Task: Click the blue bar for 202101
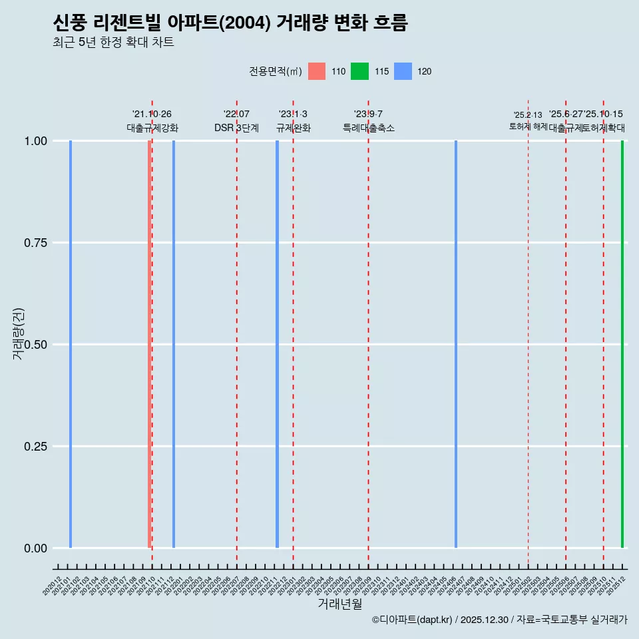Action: pos(71,344)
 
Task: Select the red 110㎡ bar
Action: pos(149,344)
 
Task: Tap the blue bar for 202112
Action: pos(174,344)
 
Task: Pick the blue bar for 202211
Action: pos(277,344)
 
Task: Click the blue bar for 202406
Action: pos(456,344)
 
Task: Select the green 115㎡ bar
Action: pos(622,344)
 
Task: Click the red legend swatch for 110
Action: pos(317,71)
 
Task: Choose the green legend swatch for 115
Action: pos(359,71)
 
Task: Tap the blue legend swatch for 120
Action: pos(403,71)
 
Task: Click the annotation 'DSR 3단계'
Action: pos(236,128)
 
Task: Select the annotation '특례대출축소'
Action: pos(369,128)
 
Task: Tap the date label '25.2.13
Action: pos(528,114)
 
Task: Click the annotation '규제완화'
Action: pos(294,128)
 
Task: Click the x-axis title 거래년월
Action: pos(340,604)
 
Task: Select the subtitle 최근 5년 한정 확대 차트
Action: pos(113,43)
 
